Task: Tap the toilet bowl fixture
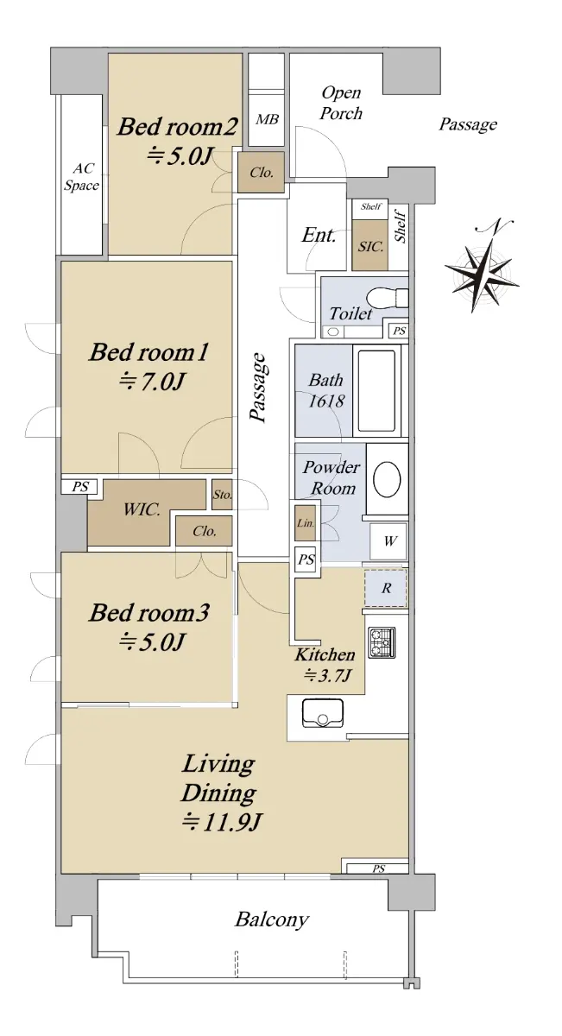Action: (x=388, y=297)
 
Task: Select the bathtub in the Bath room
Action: (x=376, y=390)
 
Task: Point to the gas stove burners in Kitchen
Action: (x=382, y=642)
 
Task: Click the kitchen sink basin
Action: (x=322, y=713)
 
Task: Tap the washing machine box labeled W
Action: (x=388, y=541)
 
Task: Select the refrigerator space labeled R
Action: (x=386, y=588)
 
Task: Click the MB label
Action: (x=267, y=119)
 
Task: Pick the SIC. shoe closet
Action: (x=370, y=245)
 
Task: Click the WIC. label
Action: (x=142, y=509)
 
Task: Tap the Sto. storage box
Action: (x=222, y=495)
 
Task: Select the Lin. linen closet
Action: (x=306, y=523)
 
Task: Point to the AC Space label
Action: (x=81, y=177)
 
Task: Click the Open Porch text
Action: (x=341, y=103)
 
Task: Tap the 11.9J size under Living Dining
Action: (x=222, y=823)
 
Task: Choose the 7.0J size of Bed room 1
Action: (x=153, y=381)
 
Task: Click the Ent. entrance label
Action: (x=319, y=235)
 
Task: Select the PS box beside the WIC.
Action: (x=80, y=487)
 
